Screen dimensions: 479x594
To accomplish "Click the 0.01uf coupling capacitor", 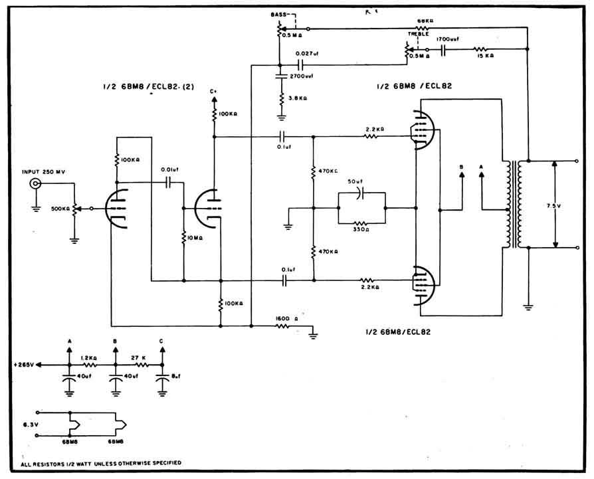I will pos(168,182).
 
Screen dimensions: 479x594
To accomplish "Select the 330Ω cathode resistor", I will pos(361,223).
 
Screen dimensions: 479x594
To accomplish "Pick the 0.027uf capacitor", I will pos(300,65).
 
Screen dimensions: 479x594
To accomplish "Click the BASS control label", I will pos(278,15).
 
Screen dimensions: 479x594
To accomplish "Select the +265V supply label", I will pos(25,365).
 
